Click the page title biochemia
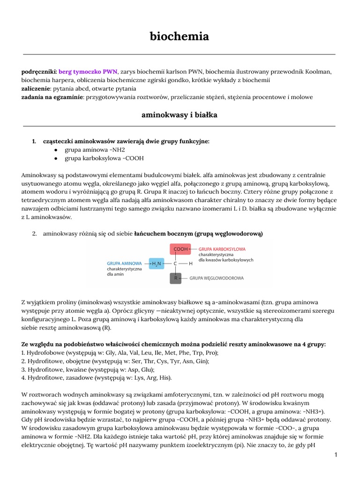pyautogui.click(x=179, y=36)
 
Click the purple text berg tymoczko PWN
pyautogui.click(x=88, y=71)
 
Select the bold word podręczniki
pyautogui.click(x=39, y=71)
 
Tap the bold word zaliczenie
pyautogui.click(x=36, y=88)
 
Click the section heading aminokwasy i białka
pyautogui.click(x=179, y=114)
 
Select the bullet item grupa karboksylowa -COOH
pyautogui.click(x=104, y=158)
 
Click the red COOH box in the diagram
pyautogui.click(x=180, y=249)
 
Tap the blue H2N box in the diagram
pyautogui.click(x=156, y=264)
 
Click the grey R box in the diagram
pyautogui.click(x=175, y=278)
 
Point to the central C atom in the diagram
pyautogui.click(x=175, y=264)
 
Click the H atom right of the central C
pyautogui.click(x=191, y=264)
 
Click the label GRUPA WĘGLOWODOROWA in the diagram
pyautogui.click(x=217, y=278)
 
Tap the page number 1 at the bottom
pyautogui.click(x=336, y=455)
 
